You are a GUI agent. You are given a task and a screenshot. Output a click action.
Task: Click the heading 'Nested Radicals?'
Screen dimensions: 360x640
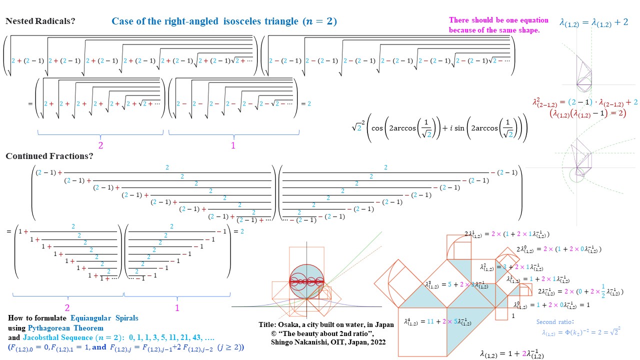point(40,21)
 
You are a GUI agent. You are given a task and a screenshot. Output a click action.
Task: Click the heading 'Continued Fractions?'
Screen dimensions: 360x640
point(49,156)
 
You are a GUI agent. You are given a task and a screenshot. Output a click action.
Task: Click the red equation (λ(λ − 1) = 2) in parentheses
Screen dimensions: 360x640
point(587,113)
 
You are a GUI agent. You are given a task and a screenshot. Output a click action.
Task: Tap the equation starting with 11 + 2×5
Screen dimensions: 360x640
point(431,321)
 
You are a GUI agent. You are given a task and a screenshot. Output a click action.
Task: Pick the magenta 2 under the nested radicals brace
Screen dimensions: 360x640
point(100,145)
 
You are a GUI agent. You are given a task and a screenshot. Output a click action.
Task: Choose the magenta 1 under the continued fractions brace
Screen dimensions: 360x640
point(177,308)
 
